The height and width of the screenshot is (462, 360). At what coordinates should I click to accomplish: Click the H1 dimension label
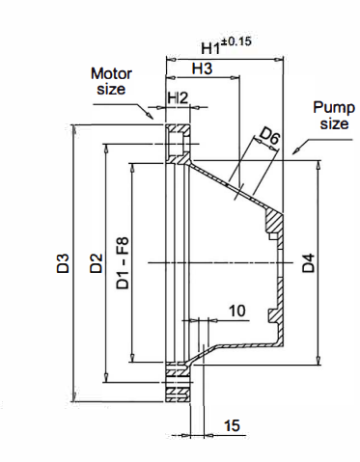(210, 48)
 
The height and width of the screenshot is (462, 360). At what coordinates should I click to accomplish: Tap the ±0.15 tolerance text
(235, 41)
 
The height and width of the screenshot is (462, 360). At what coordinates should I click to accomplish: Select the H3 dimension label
(202, 68)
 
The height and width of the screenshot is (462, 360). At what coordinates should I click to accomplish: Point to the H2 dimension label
(178, 97)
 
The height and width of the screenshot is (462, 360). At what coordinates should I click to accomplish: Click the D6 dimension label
(269, 136)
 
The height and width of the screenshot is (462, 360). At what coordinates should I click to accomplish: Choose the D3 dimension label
(63, 263)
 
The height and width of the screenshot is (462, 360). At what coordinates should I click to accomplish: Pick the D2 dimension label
(96, 263)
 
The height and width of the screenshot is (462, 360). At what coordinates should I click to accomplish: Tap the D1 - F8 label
(123, 263)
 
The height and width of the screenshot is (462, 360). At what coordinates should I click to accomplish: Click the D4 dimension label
(308, 263)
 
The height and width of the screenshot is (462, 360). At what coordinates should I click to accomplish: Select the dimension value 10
(237, 311)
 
